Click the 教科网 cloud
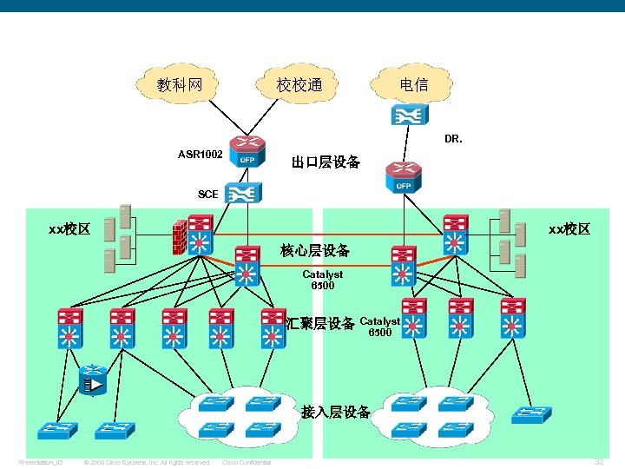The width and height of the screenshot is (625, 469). click(x=179, y=84)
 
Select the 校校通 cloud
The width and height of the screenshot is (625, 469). click(x=299, y=84)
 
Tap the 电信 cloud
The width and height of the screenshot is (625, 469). click(x=413, y=84)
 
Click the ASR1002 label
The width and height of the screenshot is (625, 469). click(x=200, y=155)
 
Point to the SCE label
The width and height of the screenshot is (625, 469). click(x=208, y=194)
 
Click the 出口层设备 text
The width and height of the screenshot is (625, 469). click(x=326, y=162)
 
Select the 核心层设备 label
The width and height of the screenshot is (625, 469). click(x=315, y=251)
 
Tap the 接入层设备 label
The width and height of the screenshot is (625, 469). click(x=336, y=412)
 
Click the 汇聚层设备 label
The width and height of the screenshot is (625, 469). click(x=320, y=324)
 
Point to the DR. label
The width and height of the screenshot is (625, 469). click(x=453, y=138)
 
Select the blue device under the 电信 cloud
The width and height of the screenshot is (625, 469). click(x=407, y=115)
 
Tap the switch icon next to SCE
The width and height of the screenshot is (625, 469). click(x=239, y=193)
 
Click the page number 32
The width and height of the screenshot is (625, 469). click(x=598, y=462)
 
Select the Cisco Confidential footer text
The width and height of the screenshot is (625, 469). click(x=247, y=462)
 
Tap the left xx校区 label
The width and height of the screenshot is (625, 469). click(x=69, y=229)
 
